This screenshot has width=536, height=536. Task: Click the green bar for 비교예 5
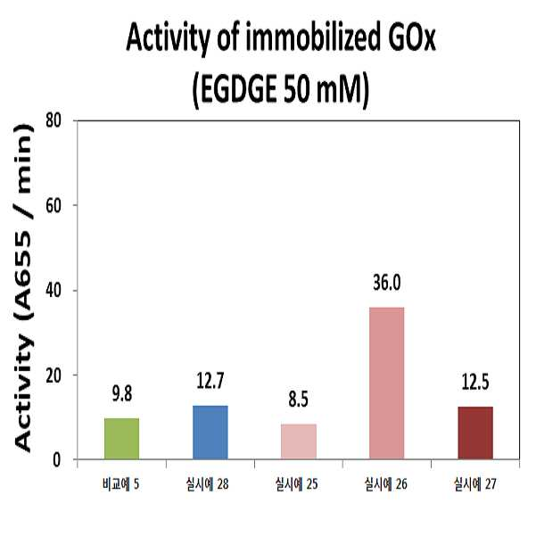click(121, 439)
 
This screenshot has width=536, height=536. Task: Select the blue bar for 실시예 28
click(210, 433)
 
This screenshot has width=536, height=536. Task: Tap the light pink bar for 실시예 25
click(299, 441)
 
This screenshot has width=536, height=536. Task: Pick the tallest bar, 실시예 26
click(387, 383)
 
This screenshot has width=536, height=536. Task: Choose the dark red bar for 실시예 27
click(475, 433)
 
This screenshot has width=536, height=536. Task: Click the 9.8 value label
click(122, 394)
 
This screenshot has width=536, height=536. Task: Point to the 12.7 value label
click(210, 381)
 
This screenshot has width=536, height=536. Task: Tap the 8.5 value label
click(299, 400)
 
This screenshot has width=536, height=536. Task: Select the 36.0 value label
click(387, 283)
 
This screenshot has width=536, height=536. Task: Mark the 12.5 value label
click(475, 382)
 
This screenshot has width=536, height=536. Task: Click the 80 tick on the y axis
click(54, 120)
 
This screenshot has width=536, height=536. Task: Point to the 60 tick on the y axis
click(54, 205)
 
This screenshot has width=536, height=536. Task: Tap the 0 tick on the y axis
click(57, 460)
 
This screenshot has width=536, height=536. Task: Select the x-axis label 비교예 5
click(120, 484)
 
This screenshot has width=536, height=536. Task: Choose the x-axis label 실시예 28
click(208, 484)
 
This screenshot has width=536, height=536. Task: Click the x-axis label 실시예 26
click(386, 484)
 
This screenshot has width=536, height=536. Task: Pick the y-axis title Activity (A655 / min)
click(24, 288)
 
